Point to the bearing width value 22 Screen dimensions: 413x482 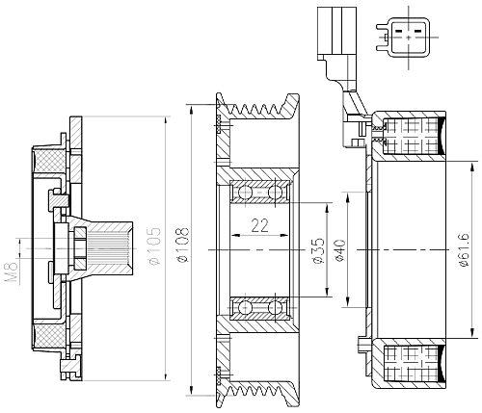259,227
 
